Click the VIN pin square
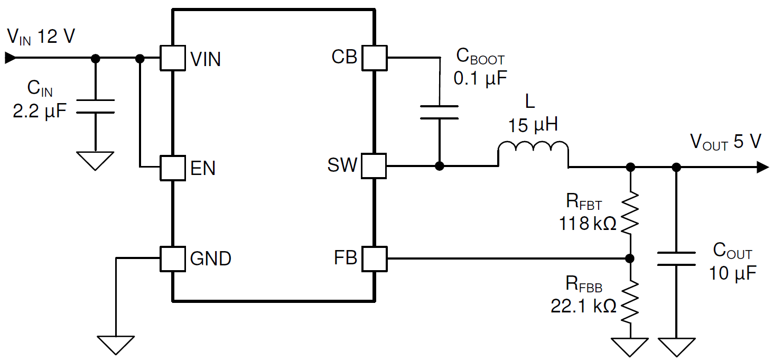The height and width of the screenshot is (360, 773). coord(173,58)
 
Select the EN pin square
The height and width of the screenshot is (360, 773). coord(173,168)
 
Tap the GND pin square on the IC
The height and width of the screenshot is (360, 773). coord(173,259)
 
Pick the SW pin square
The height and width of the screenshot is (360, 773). coord(374,166)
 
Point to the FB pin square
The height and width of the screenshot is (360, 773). coord(374,259)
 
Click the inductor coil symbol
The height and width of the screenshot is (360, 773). coord(533,152)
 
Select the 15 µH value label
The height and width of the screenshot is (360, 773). coord(533,126)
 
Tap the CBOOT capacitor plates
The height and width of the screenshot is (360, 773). coord(439,112)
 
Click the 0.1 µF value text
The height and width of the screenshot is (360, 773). coord(480,78)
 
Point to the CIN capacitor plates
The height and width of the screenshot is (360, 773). coord(96,106)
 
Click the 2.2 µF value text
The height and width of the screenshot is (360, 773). coord(40,112)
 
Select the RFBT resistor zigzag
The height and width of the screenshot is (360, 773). coord(630,213)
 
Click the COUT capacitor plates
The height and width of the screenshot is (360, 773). coord(676,259)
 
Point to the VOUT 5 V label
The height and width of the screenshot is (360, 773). coord(725,142)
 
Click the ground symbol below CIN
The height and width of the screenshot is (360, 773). coord(96,160)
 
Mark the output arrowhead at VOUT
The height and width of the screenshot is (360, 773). coord(762,167)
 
